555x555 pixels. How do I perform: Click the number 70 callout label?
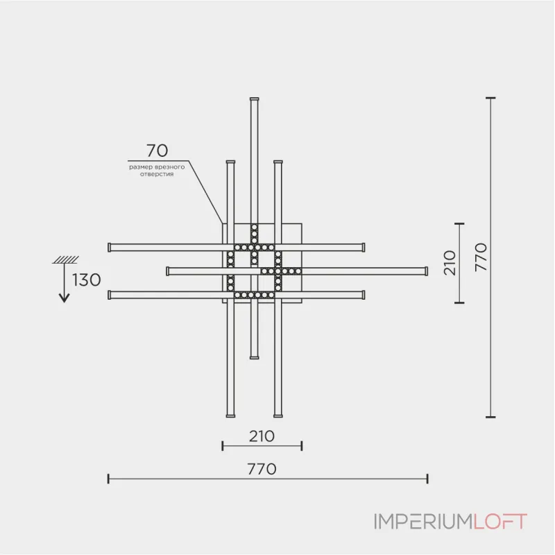click(x=157, y=151)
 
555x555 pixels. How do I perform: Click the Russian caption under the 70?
click(x=157, y=171)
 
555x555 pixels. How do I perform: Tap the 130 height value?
click(x=87, y=280)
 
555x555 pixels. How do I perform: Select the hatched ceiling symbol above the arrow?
click(x=65, y=260)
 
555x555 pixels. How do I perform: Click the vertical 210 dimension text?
click(x=450, y=263)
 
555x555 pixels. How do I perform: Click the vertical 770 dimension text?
click(x=481, y=257)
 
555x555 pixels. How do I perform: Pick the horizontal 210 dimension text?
click(x=262, y=436)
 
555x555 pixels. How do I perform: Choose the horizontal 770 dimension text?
click(x=262, y=468)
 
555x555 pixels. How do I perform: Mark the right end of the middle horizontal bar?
click(x=426, y=270)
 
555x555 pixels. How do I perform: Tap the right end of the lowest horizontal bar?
click(x=362, y=295)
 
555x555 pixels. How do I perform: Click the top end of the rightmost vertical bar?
click(x=277, y=164)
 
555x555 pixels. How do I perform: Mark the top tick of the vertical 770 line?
click(x=490, y=99)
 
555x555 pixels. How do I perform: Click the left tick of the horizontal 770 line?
click(x=109, y=478)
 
